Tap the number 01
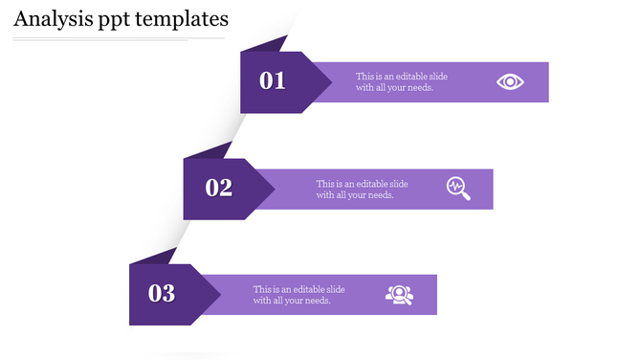point(273,80)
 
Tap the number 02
point(219,188)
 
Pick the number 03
point(162,294)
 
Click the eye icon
point(510,82)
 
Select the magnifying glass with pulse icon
point(458,188)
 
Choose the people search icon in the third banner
point(399,295)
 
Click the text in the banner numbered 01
point(401,82)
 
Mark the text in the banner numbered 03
point(298,295)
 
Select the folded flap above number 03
point(154,257)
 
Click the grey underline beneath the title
point(119,39)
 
